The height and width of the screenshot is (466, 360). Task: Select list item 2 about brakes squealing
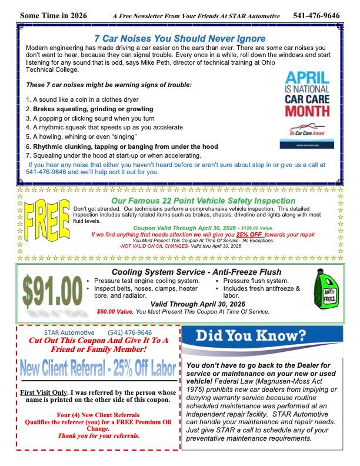coord(89,109)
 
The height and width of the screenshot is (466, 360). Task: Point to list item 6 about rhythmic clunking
coord(122,147)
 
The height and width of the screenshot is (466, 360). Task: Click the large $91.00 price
coord(52,292)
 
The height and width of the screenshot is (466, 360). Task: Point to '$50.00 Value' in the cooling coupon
coord(115,311)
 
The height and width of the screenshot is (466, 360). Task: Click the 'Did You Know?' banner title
coord(251,336)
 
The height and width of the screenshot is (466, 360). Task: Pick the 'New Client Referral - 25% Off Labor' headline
coord(98,369)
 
